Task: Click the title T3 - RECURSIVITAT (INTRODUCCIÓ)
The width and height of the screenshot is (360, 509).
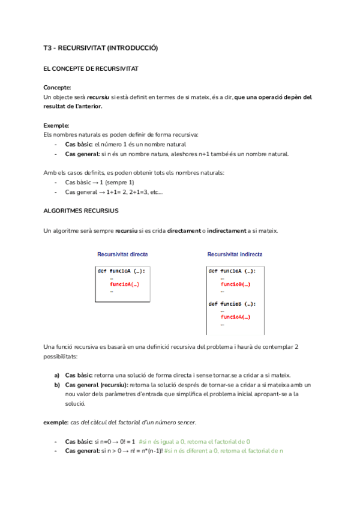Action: (101, 48)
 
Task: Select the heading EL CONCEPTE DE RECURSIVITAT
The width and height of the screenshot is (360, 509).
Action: (91, 69)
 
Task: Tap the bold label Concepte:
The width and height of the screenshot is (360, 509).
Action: (58, 88)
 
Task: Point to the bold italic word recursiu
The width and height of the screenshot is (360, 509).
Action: (98, 97)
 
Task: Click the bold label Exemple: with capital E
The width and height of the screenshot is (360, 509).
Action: (56, 125)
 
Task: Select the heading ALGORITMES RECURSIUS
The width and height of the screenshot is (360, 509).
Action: (81, 211)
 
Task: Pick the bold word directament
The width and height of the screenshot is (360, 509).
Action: (185, 230)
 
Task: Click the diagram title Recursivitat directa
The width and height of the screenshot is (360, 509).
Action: (122, 254)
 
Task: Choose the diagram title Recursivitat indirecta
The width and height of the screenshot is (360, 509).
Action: (235, 254)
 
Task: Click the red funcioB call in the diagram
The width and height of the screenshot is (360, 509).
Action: (235, 285)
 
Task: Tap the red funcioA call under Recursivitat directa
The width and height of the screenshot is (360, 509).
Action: (125, 285)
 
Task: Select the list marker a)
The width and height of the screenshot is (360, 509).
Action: (57, 375)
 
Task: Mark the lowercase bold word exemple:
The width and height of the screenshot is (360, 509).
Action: (56, 423)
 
